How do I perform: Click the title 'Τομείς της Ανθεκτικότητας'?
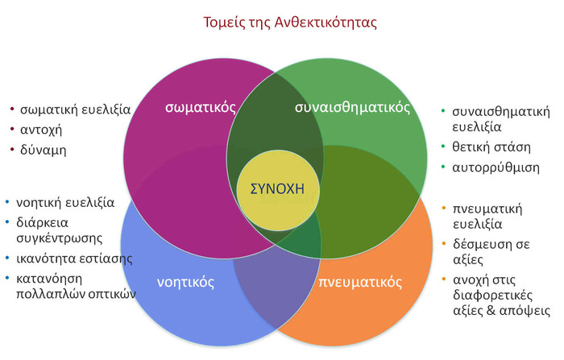[x=290, y=23]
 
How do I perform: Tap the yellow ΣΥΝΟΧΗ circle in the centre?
[x=278, y=190]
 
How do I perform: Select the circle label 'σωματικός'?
[x=201, y=107]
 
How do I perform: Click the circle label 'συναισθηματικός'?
[x=352, y=107]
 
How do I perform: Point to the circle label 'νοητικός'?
[x=185, y=283]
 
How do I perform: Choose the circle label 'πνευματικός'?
[x=360, y=282]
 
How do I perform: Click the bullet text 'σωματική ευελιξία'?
[x=75, y=110]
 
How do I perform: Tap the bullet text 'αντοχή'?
[x=41, y=130]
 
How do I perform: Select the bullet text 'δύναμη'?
[x=44, y=150]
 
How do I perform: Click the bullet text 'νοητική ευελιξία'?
[x=65, y=203]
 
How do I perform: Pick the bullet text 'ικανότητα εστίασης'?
[x=74, y=259]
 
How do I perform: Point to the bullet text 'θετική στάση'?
[x=491, y=147]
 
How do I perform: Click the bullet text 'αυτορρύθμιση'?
[x=496, y=168]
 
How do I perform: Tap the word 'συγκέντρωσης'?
[x=60, y=238]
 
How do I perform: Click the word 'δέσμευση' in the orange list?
[x=482, y=245]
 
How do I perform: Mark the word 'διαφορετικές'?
[x=492, y=296]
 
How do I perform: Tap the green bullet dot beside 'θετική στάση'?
[x=443, y=147]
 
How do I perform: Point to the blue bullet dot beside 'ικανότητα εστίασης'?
[x=7, y=258]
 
